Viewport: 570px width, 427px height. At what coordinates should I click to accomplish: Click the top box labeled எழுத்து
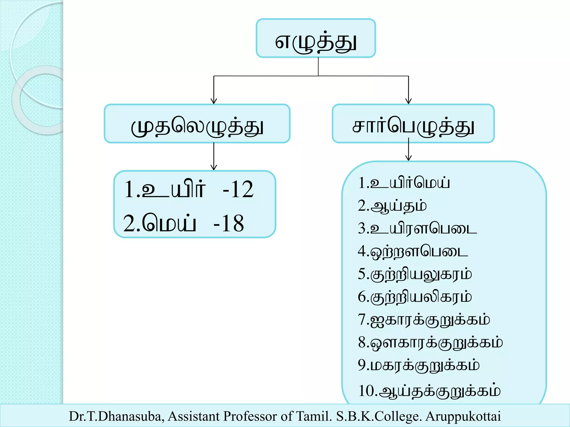tap(316, 38)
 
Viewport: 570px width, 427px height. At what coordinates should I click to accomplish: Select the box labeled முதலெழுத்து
tap(197, 124)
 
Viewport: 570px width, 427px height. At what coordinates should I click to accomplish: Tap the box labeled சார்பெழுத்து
tap(413, 124)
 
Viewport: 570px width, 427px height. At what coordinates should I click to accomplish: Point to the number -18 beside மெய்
tap(229, 224)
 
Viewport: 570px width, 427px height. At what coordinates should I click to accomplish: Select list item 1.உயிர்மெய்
tap(404, 183)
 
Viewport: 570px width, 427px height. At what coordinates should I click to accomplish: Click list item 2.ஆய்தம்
tap(392, 206)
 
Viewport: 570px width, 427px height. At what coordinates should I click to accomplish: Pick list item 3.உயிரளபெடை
tap(417, 229)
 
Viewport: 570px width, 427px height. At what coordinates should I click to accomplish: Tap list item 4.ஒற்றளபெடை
tap(413, 251)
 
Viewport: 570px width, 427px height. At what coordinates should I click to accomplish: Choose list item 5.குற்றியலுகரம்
tap(415, 274)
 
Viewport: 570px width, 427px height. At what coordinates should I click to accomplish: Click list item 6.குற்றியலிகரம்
tap(415, 297)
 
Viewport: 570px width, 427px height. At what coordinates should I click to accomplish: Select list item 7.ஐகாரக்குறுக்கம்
tap(424, 320)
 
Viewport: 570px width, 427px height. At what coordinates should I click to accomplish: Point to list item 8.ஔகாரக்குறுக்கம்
tap(430, 342)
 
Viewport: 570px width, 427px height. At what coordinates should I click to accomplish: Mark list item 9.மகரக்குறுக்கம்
tap(419, 365)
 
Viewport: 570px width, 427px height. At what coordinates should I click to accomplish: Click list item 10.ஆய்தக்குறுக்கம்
tap(429, 391)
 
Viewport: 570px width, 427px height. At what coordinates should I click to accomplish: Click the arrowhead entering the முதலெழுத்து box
tap(214, 101)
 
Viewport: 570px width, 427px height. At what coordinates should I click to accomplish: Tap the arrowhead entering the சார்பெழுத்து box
tap(408, 101)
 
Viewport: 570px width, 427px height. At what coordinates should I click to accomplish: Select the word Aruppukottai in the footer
tap(463, 416)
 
